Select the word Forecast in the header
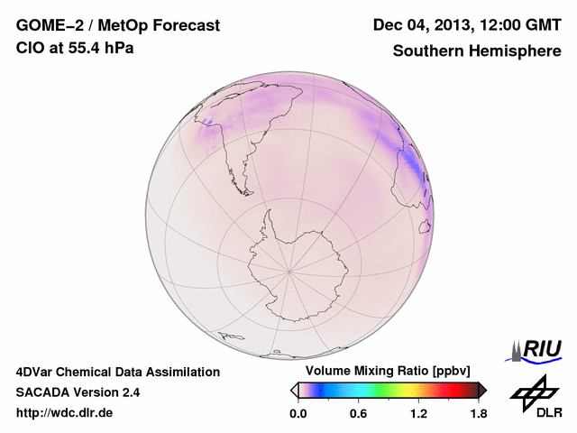click(183, 26)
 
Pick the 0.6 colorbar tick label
click(358, 414)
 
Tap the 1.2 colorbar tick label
click(418, 414)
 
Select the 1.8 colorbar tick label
click(478, 414)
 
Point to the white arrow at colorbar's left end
click(294, 390)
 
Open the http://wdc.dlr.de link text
click(65, 413)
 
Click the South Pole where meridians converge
click(288, 269)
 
